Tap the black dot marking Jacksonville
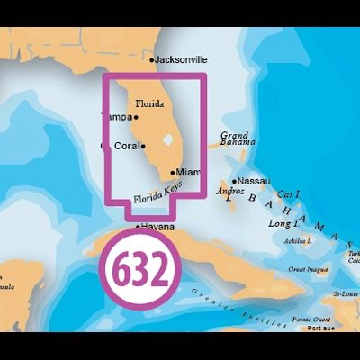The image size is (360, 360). coord(152,60)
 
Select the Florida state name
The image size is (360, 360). coord(149,103)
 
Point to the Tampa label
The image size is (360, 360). coord(115,117)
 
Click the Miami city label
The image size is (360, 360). coord(189,171)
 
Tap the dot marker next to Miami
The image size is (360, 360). coord(172,171)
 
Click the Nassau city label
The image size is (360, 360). coord(255,181)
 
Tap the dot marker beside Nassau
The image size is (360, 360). coord(235,181)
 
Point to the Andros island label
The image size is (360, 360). coord(230,192)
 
